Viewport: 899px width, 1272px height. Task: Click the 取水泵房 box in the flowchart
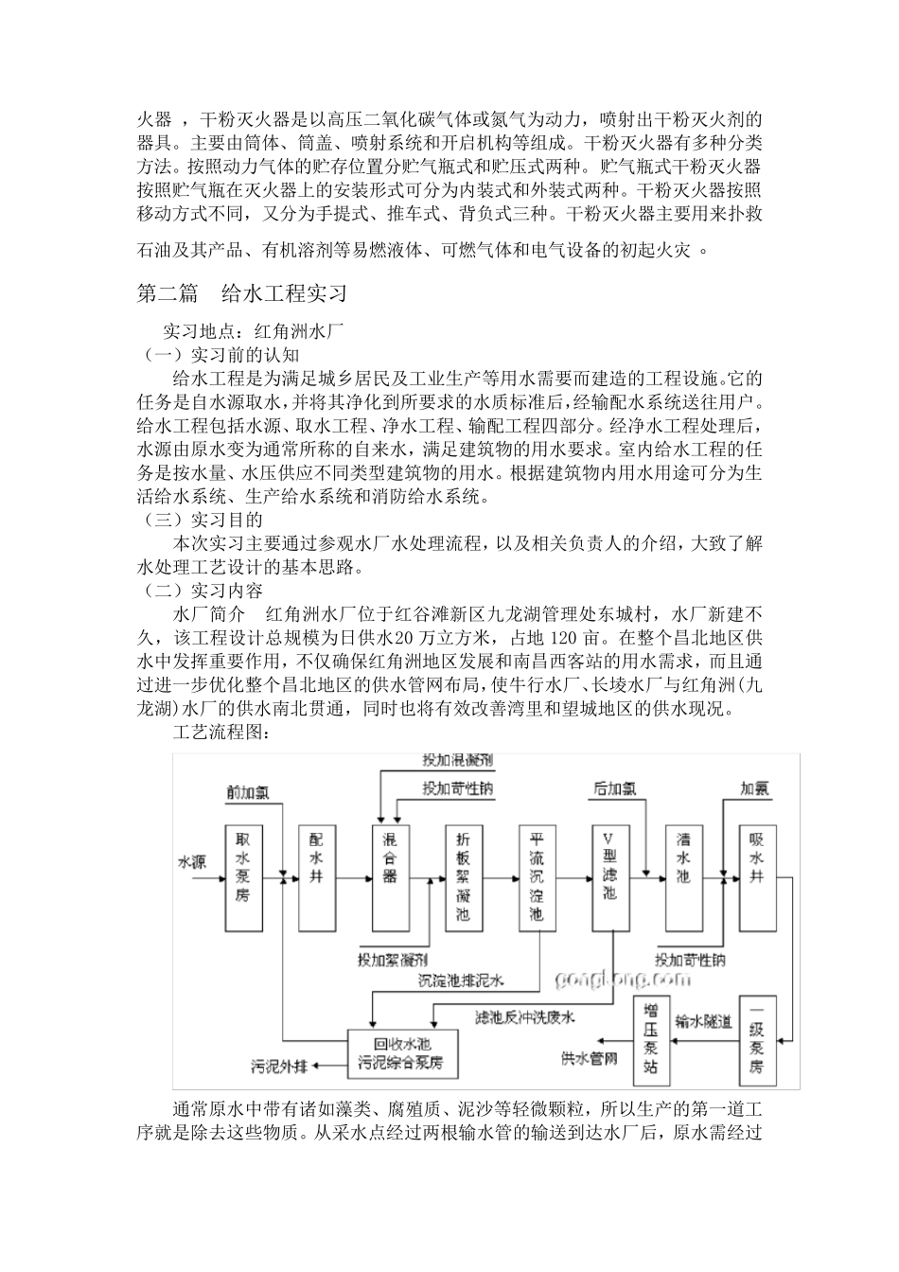coord(243,877)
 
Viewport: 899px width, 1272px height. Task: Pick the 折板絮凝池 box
coord(463,877)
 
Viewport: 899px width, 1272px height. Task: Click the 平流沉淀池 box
coord(537,877)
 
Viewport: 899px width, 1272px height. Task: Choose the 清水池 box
coord(683,877)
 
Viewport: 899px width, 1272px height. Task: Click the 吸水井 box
coord(757,877)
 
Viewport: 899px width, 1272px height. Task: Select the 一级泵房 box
coord(757,1041)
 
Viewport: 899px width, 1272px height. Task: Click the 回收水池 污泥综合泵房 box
coord(408,1053)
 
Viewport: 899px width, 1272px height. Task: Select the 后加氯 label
coord(614,787)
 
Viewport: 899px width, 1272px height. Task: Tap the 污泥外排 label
coord(278,1067)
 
